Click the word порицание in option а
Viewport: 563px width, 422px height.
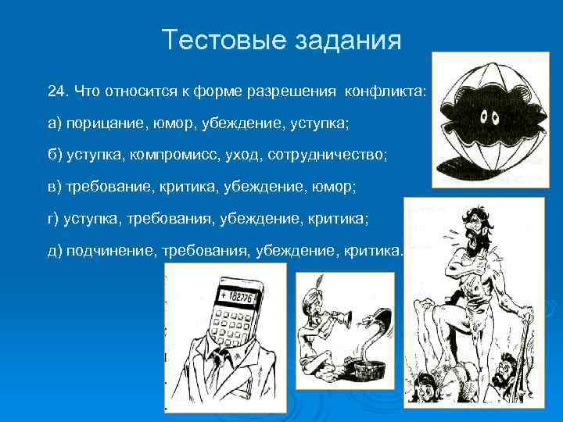pos(99,123)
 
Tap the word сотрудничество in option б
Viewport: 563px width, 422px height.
pos(327,155)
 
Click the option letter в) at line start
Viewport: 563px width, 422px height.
pos(54,187)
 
